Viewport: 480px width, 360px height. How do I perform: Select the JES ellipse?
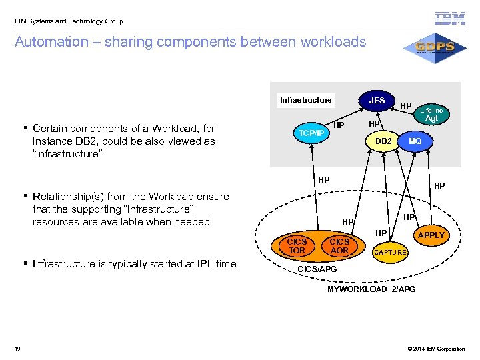[377, 101]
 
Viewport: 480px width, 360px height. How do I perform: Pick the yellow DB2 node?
[383, 141]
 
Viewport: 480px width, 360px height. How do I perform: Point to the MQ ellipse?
[415, 141]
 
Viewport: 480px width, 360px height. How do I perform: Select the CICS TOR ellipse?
[297, 246]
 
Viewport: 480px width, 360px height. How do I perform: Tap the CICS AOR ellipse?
[339, 246]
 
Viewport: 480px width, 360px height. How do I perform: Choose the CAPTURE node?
[389, 253]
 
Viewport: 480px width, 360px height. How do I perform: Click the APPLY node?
[431, 235]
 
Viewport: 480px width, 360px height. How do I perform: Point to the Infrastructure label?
[305, 100]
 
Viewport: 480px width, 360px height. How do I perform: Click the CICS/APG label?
[317, 269]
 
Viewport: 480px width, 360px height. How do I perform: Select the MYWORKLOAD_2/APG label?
[371, 289]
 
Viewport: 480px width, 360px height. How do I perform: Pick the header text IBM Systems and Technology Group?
[69, 21]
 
